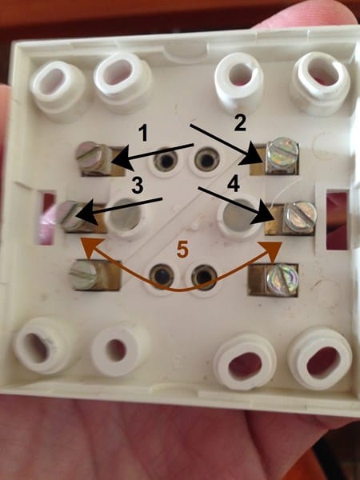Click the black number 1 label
point(143,134)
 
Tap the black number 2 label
point(240,122)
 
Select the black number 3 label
point(138,186)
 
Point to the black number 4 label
point(234,185)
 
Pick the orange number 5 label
point(182,250)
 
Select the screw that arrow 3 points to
point(73,215)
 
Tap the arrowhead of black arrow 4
point(263,218)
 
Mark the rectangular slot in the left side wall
point(47,218)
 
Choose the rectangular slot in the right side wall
point(338,219)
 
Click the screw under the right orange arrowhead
point(282,280)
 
